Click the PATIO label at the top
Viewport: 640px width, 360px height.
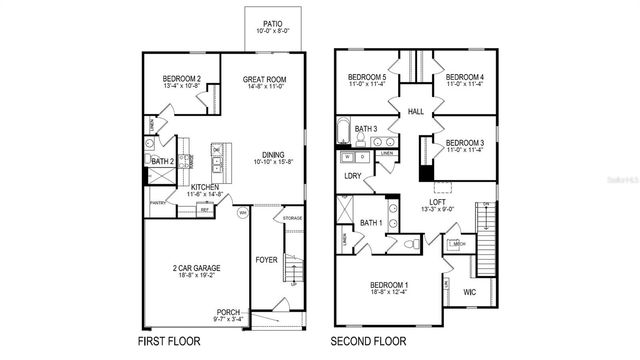click(x=273, y=21)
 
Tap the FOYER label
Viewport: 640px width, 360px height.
click(x=266, y=260)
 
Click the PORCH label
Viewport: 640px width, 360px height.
click(x=228, y=312)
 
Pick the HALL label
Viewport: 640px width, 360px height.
click(x=416, y=112)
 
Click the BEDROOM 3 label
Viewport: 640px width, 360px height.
click(x=465, y=143)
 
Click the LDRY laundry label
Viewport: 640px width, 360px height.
click(x=353, y=177)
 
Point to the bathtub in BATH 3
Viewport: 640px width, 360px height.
click(x=343, y=131)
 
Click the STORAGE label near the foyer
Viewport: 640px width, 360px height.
click(x=292, y=217)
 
